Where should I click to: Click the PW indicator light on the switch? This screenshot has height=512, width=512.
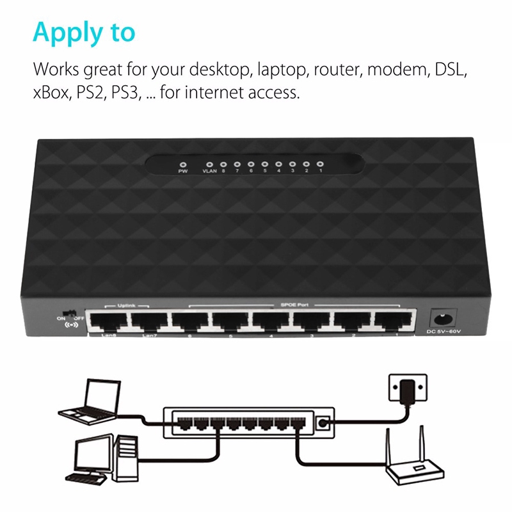(182, 164)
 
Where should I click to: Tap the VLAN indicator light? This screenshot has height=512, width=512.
(210, 164)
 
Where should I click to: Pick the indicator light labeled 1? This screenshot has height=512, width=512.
(320, 164)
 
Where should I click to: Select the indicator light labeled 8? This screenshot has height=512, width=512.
(223, 164)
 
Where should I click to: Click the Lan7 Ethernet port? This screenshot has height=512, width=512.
(148, 319)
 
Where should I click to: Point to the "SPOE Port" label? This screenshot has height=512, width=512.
(294, 304)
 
